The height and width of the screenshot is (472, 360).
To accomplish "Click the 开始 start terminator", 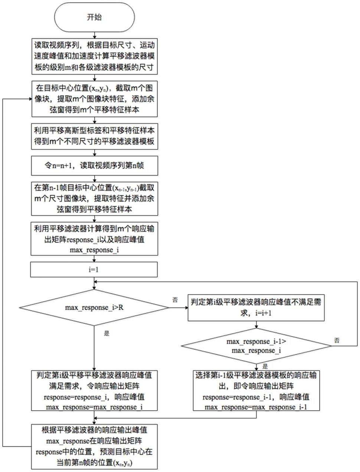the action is coord(94,17).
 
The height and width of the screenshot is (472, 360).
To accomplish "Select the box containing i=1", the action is coord(94,270).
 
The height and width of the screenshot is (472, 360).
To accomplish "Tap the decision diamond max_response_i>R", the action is coord(94,307).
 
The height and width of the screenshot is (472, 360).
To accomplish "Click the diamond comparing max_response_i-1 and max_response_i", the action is coord(256,346).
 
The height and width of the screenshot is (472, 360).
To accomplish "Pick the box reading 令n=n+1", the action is coord(95,166).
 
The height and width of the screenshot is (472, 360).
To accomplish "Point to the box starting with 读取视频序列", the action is coord(95,56).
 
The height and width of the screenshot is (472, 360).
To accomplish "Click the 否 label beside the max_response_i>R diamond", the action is coord(175,300).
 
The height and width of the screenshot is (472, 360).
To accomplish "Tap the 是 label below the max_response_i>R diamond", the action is coord(107,333).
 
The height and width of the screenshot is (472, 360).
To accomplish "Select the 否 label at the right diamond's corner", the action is coord(337,341).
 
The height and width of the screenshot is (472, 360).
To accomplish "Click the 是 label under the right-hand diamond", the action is coord(265,366).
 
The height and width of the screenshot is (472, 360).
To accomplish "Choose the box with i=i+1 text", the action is coord(256,308).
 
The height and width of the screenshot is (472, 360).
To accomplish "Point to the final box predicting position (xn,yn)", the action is coord(94,447).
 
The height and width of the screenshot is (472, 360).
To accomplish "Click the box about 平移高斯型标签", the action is coord(95,136).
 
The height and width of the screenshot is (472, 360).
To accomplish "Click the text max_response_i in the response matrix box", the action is coord(94,250).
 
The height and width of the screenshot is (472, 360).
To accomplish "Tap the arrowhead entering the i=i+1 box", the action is coord(186,308).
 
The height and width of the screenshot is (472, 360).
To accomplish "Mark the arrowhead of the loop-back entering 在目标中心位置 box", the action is coord(30,99).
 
